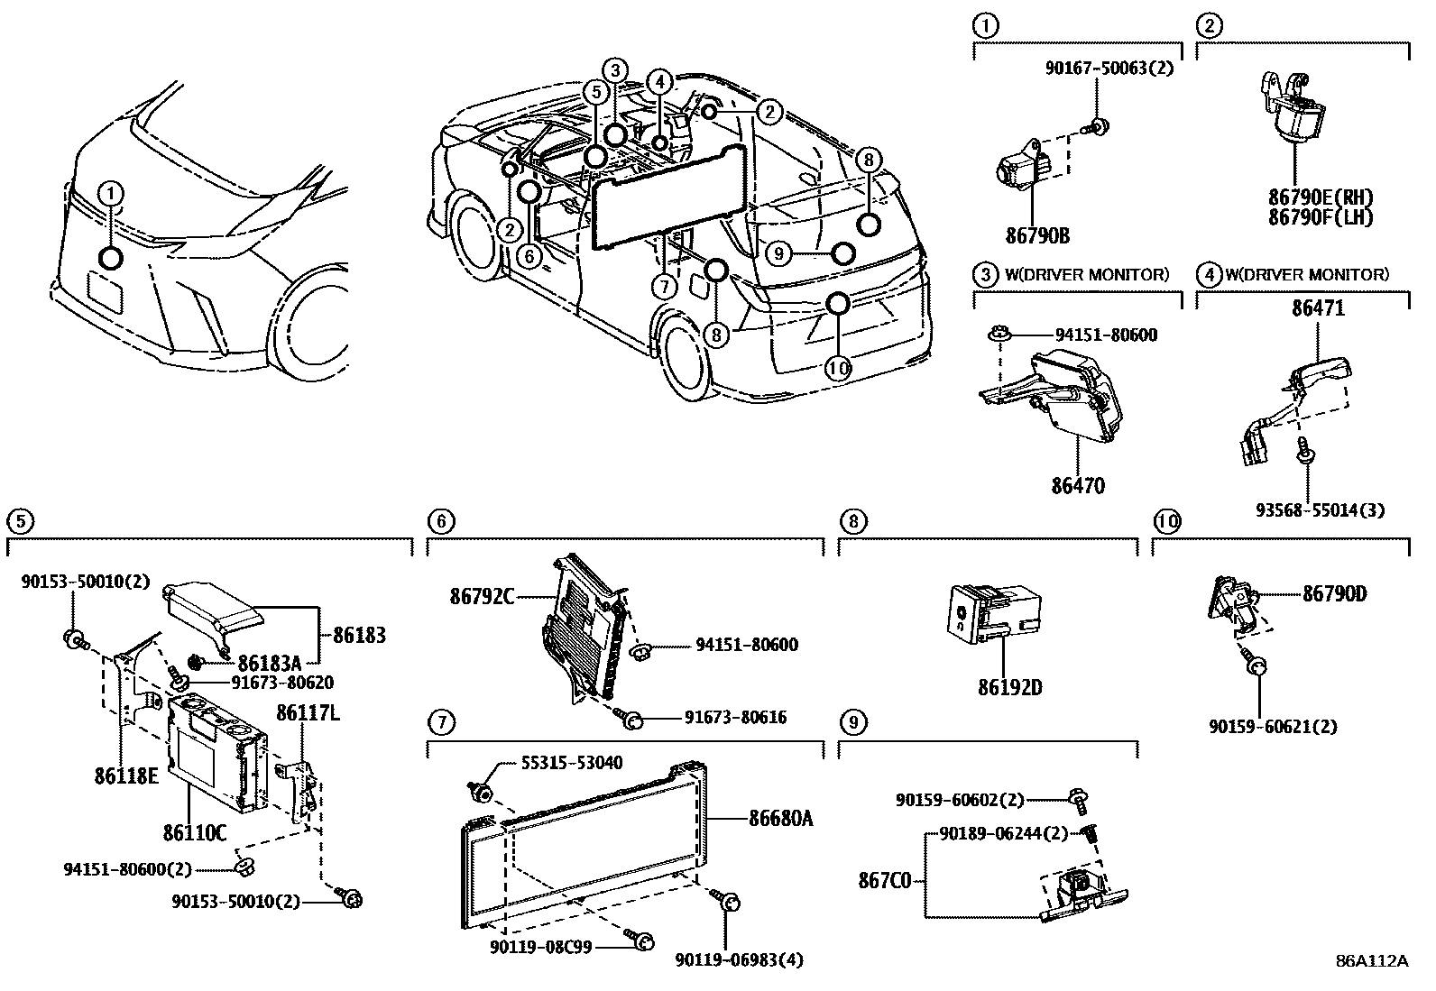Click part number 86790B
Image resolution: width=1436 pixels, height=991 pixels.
pos(1037,235)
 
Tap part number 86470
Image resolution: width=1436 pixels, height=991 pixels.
pos(1077,486)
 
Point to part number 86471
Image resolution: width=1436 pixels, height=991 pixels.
pos(1318,308)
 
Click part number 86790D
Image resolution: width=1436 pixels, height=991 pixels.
pos(1334,594)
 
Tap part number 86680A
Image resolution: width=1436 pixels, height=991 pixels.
pos(780,819)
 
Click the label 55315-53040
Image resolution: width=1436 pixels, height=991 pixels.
pos(571,763)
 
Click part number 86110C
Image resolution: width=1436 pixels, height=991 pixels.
pos(194,831)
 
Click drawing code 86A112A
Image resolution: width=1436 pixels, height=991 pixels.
pos(1371,960)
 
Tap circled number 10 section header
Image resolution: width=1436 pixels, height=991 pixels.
pos(1167,521)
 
